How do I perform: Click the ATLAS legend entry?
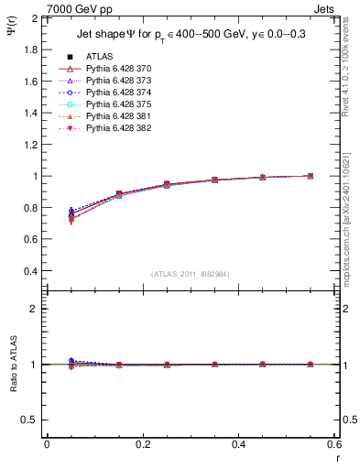click(99, 57)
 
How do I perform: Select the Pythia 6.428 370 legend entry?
click(118, 69)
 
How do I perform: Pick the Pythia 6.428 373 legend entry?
click(118, 81)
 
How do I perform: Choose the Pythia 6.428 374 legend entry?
click(118, 93)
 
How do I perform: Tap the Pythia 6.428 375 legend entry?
click(118, 104)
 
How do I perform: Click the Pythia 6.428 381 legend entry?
click(118, 116)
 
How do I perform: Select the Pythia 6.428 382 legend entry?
click(118, 128)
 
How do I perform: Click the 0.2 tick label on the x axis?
click(142, 443)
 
